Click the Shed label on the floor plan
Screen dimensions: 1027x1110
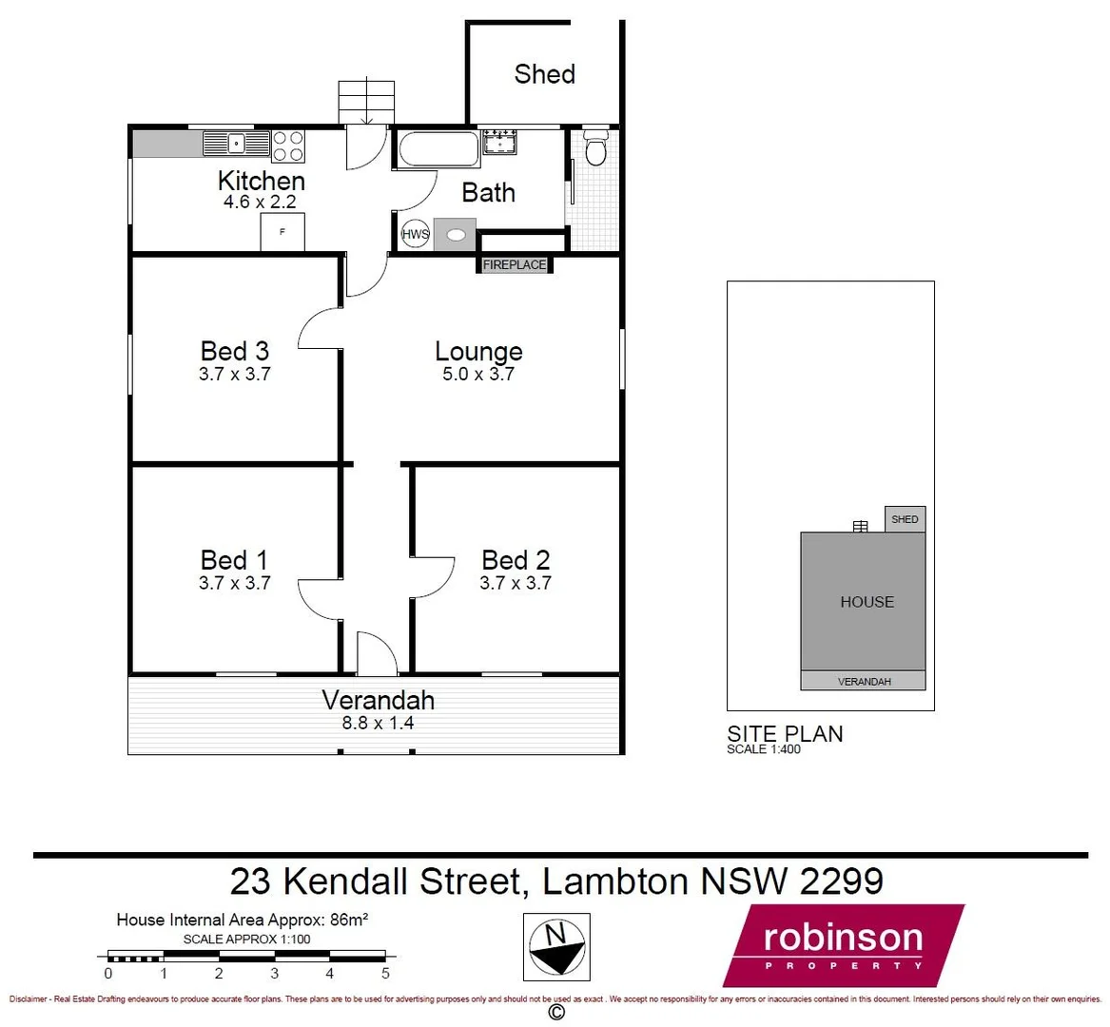[x=544, y=74]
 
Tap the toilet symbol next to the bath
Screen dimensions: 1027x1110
[x=595, y=149]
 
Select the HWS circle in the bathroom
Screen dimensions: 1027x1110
[x=416, y=234]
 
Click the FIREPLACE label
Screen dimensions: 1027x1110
[x=515, y=265]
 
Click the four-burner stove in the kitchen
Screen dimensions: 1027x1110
[x=288, y=145]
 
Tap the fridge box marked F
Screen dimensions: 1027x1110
[x=282, y=232]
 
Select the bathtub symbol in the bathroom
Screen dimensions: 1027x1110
[x=438, y=149]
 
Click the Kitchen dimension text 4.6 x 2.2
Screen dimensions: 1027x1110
[x=260, y=203]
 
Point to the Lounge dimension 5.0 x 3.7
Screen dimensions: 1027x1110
[x=477, y=375]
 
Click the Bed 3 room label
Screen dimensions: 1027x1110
[x=234, y=351]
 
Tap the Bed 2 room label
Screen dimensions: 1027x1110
[x=516, y=560]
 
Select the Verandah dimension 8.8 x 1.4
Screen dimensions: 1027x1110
[x=378, y=723]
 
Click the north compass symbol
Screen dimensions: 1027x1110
[x=557, y=945]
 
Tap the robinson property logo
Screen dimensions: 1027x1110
[x=843, y=945]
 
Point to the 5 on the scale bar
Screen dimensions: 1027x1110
[x=385, y=974]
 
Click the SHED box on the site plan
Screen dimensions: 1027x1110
[x=905, y=519]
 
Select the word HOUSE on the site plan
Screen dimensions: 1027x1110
[x=867, y=602]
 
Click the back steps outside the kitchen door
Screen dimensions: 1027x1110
[x=366, y=102]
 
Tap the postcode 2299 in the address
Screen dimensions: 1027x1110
[x=841, y=882]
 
